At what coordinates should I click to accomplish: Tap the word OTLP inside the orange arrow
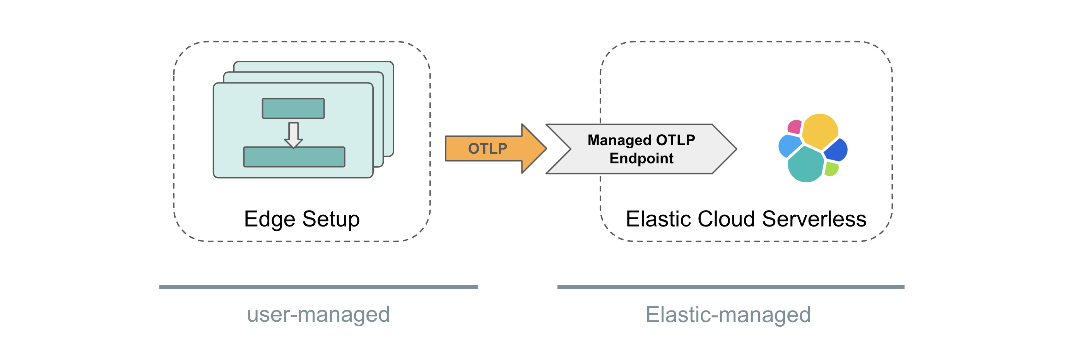click(x=487, y=148)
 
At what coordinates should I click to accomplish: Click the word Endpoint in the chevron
click(x=641, y=158)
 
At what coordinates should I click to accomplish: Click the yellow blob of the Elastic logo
click(x=820, y=130)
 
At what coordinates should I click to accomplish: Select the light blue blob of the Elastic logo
click(x=789, y=146)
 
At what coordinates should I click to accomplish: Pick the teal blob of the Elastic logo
click(x=804, y=165)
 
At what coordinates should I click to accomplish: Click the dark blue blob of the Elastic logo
click(x=836, y=150)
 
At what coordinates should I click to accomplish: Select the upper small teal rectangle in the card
click(x=293, y=108)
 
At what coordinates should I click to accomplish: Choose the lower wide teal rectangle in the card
click(x=294, y=157)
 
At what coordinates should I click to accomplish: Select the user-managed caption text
click(x=318, y=314)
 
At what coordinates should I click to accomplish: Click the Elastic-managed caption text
click(x=728, y=314)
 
